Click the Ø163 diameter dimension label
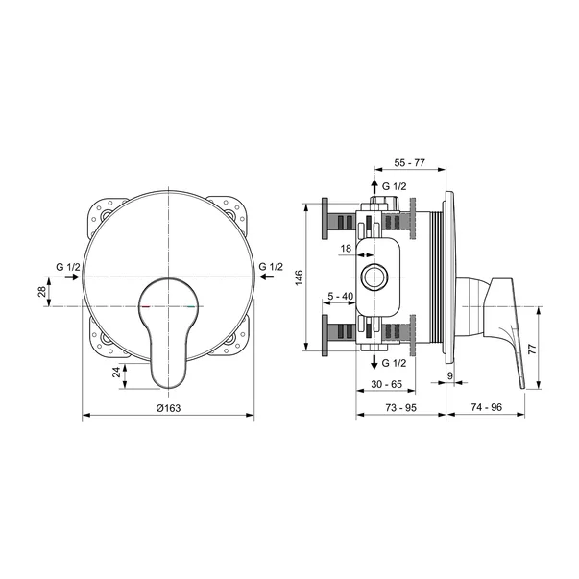[168, 408]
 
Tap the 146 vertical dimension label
[299, 277]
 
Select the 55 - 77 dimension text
[409, 162]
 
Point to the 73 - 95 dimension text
[400, 408]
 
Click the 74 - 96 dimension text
[487, 407]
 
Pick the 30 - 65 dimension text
[386, 384]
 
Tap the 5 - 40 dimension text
[341, 296]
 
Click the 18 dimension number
[346, 249]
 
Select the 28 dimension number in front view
[42, 292]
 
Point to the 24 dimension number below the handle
[116, 372]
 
